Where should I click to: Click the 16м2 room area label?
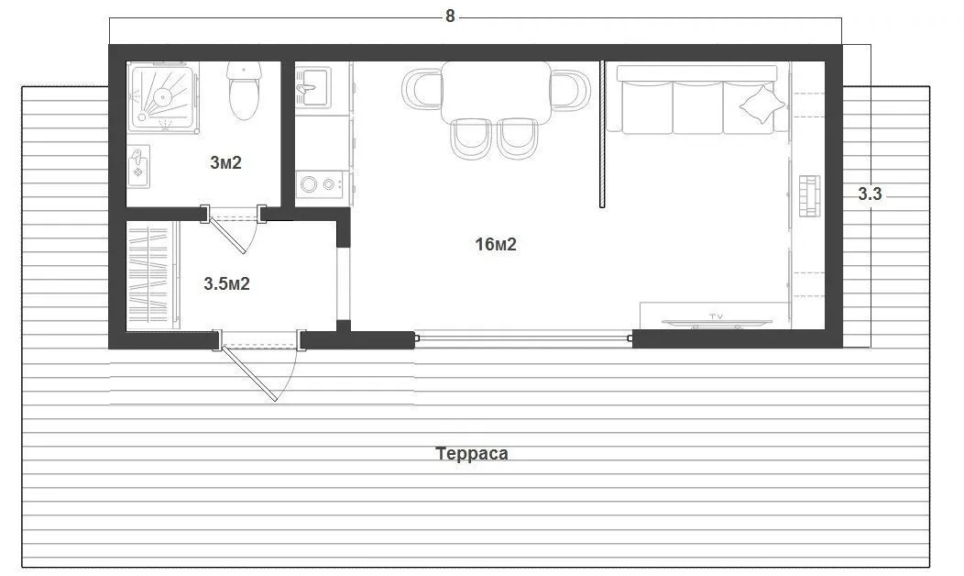(496, 244)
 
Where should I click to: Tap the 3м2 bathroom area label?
(225, 162)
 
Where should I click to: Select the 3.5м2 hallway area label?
(226, 283)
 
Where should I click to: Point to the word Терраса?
(472, 453)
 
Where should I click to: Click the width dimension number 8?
(450, 17)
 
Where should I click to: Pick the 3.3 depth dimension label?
(870, 194)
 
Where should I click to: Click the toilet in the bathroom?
(244, 90)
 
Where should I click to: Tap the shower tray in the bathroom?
(163, 96)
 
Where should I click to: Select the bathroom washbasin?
(138, 167)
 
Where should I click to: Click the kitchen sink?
(312, 87)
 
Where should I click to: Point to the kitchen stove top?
(321, 184)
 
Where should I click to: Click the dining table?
(497, 91)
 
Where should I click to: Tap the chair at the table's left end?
(422, 90)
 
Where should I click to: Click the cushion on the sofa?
(761, 105)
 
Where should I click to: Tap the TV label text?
(716, 316)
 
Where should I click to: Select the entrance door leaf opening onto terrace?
(248, 373)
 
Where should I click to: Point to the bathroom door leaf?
(227, 235)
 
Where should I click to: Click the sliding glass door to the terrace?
(524, 338)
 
